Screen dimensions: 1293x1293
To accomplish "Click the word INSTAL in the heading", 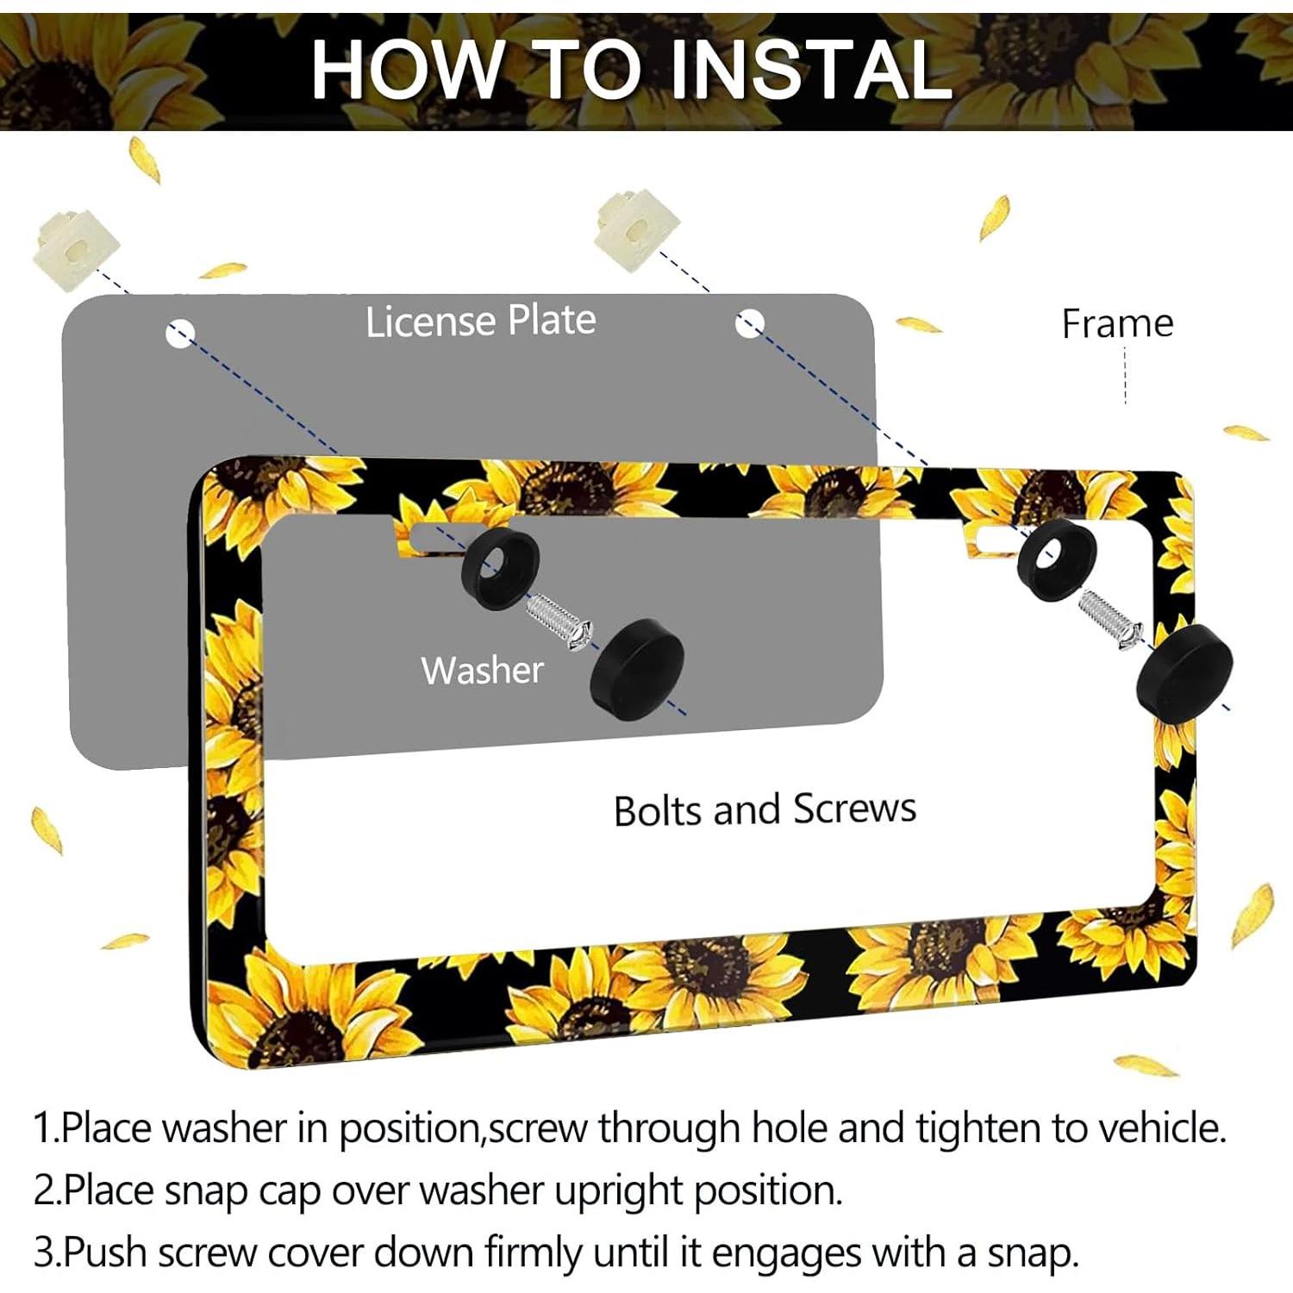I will (810, 69).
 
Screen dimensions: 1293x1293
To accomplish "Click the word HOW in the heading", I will (405, 69).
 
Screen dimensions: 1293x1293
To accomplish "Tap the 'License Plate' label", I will (480, 321).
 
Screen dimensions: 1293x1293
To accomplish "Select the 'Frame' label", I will (1117, 324).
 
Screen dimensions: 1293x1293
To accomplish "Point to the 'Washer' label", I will (482, 670).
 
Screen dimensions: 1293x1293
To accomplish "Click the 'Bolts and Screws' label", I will (765, 809).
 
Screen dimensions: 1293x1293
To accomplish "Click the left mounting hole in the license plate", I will (180, 334).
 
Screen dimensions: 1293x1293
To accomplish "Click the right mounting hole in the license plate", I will (749, 324).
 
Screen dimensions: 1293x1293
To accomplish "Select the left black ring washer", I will (500, 569).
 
